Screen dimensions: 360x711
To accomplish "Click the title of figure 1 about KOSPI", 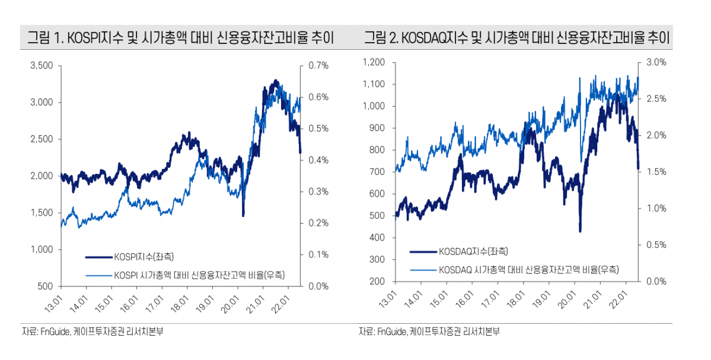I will point(180,39).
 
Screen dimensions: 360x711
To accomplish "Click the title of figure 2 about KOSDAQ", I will point(516,39).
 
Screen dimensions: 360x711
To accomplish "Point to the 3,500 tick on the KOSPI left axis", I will point(42,66).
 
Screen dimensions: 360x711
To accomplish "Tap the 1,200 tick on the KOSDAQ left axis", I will point(374,62).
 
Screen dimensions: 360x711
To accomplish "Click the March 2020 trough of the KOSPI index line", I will point(243,215).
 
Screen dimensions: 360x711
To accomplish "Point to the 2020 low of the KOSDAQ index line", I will point(580,231).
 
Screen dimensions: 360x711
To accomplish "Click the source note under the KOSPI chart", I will point(92,332).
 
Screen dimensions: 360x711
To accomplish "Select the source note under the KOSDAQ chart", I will point(429,332).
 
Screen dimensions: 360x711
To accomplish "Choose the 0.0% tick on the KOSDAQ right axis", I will point(655,281).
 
